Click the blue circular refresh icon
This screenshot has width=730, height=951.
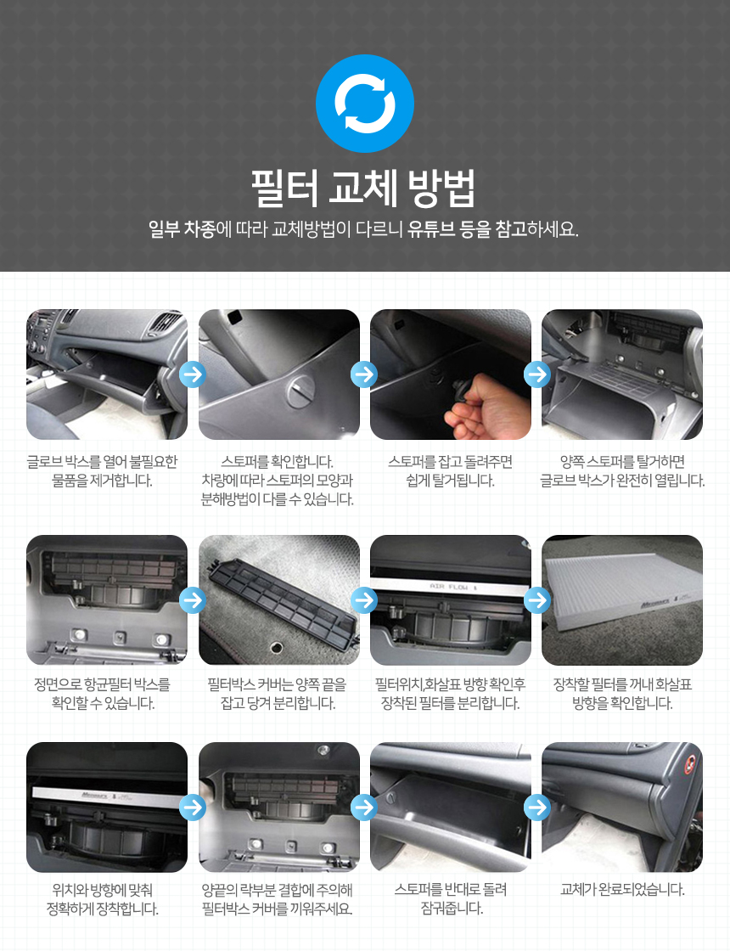click(365, 103)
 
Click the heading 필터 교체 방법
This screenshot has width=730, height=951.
click(364, 188)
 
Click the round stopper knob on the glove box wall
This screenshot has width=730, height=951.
click(300, 391)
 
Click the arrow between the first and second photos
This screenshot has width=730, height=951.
click(193, 374)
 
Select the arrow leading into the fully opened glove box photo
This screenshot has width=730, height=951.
click(536, 374)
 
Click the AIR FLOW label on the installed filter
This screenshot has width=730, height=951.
click(453, 587)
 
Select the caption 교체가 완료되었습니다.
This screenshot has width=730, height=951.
click(623, 890)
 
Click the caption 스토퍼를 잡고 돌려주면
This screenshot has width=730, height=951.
click(451, 462)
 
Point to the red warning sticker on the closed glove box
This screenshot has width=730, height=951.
click(689, 765)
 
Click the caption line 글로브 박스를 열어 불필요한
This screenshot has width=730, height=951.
click(103, 462)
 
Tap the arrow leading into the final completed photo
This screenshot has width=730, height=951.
click(536, 808)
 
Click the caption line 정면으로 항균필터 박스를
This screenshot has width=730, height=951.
click(103, 684)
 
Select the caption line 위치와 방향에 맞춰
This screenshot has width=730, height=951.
click(103, 890)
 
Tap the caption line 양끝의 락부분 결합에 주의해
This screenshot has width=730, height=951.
click(277, 890)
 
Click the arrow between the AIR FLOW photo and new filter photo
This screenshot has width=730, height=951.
click(536, 599)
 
